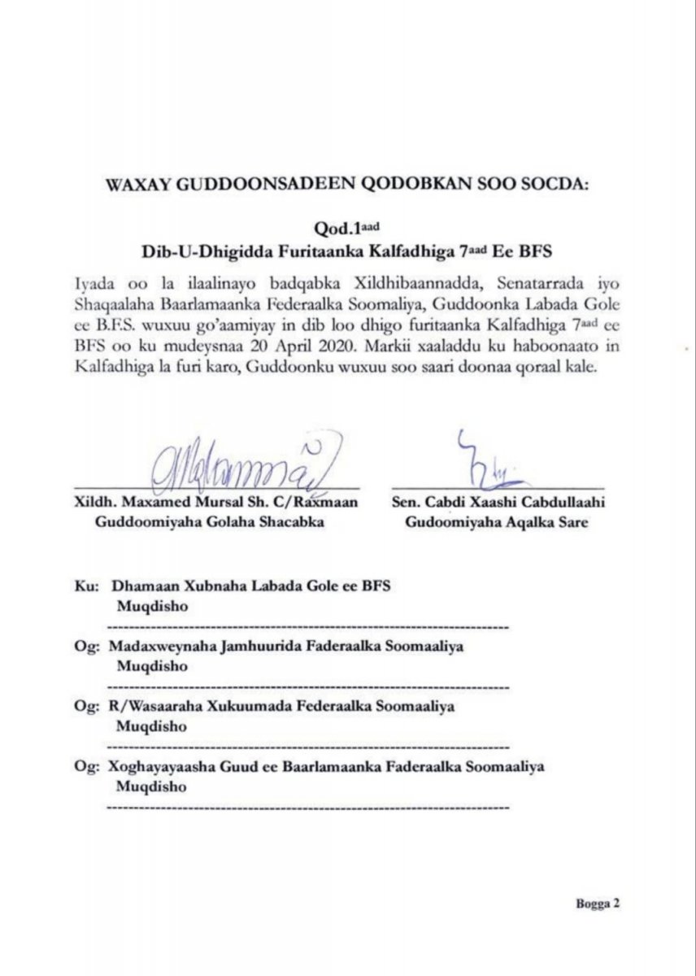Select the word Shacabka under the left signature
pos(288,523)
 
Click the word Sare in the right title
pos(570,523)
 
